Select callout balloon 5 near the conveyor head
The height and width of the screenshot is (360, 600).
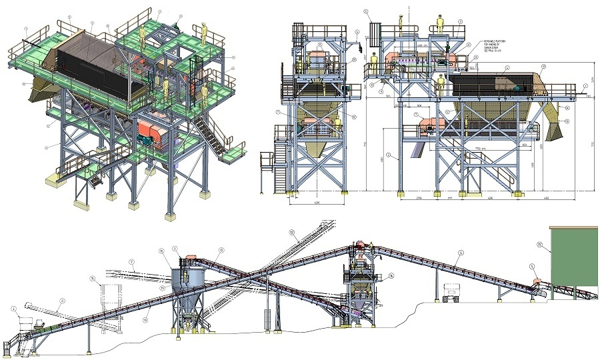pos(532,267)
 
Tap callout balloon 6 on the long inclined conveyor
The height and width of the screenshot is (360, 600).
pos(460,253)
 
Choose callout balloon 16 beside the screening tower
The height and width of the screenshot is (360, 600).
pos(391,275)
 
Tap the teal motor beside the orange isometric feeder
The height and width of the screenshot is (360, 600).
pos(143,137)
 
